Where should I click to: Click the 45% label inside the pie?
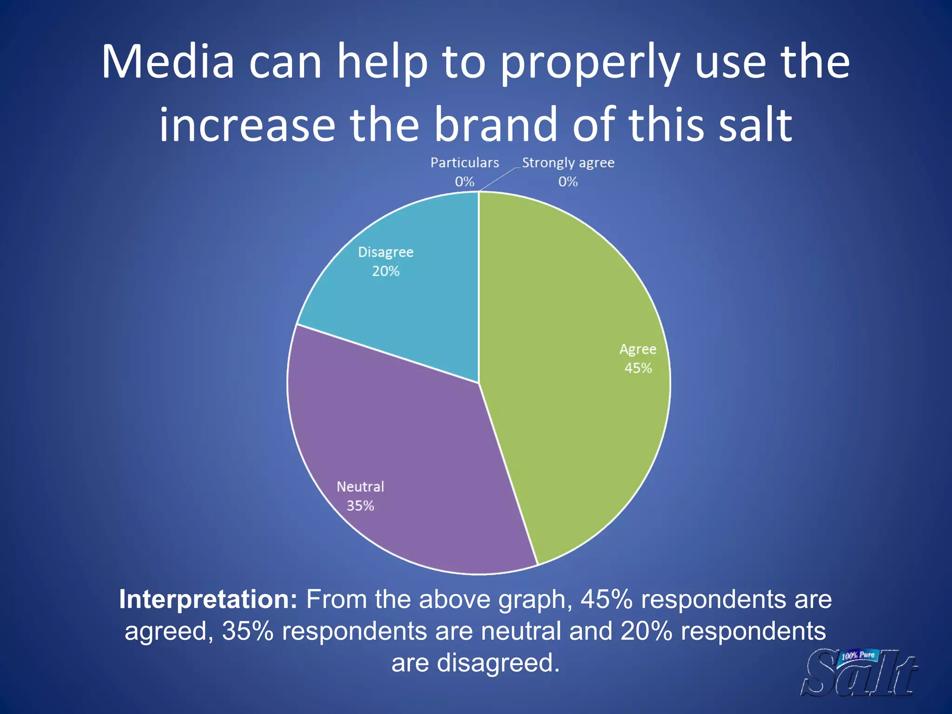(x=638, y=368)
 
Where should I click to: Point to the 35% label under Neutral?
(x=360, y=506)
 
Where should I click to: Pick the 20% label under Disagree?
(x=385, y=271)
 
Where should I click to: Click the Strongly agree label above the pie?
(x=568, y=163)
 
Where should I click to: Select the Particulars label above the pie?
(x=464, y=163)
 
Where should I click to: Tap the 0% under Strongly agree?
(x=568, y=182)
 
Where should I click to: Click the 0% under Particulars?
(x=464, y=182)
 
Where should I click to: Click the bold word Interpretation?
(x=208, y=599)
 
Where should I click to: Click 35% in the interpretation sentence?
(x=248, y=631)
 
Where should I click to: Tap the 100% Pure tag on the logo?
(x=858, y=656)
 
